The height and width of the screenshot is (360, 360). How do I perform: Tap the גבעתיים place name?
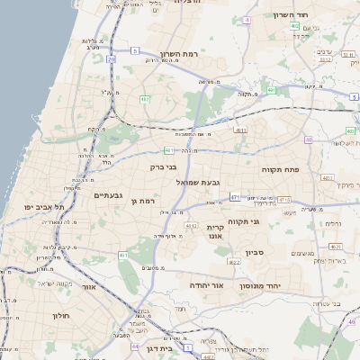click(107, 194)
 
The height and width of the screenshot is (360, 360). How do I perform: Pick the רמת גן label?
click(143, 201)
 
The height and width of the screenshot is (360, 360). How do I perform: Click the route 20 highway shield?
click(111, 59)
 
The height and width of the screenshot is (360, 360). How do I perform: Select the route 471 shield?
click(235, 196)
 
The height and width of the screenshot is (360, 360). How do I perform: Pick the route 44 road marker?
click(135, 345)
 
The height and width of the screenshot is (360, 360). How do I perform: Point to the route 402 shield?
click(295, 26)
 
